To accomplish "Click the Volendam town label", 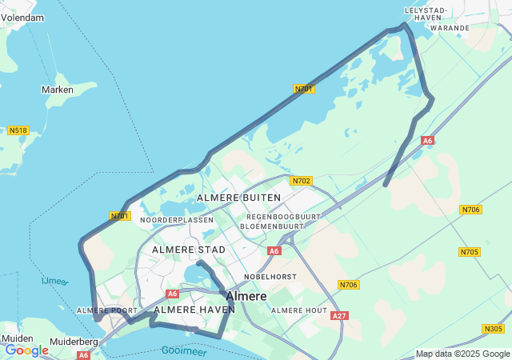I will coord(22,17).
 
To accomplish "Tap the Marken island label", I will coord(58,90).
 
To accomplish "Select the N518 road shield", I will coord(18,130).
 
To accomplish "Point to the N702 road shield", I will coord(301,181).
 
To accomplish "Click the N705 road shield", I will coord(470,252).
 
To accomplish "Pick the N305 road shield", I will coord(494,329).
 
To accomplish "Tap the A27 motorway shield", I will coord(340,316).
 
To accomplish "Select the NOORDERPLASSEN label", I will coord(177,220).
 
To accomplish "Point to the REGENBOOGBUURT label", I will coord(283,217).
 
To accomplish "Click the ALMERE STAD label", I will coord(189,250).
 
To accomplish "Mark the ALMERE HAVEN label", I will coord(194,310).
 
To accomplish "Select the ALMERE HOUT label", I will coord(299,310).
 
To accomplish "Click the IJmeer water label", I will coord(55,281).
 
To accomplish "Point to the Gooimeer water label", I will coord(184,350).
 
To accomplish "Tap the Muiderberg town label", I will coord(74,342).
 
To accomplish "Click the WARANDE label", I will coord(450,27).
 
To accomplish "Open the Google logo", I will coord(26,350).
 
